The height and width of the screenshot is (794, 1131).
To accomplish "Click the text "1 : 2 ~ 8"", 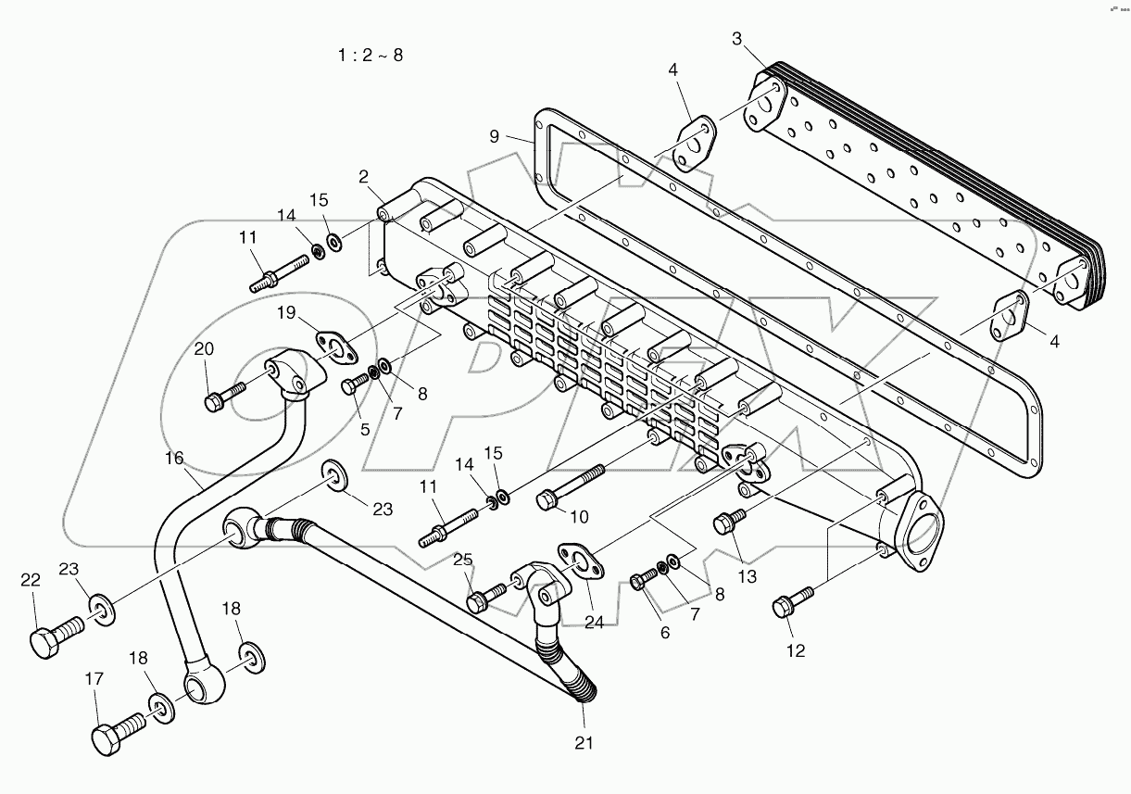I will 370,55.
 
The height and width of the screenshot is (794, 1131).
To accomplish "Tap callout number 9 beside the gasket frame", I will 495,136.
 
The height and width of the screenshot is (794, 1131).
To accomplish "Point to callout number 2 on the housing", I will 364,176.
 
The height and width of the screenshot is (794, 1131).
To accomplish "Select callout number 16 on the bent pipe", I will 175,458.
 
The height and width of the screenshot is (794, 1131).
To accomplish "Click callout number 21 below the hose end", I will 583,742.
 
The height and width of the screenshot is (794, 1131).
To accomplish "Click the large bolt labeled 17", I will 116,731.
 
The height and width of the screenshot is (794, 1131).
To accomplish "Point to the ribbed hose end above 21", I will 584,690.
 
